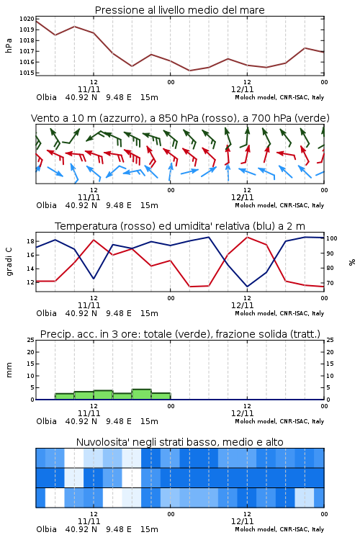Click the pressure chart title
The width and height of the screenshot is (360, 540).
pyautogui.click(x=179, y=10)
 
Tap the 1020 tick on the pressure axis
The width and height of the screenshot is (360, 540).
pyautogui.click(x=27, y=19)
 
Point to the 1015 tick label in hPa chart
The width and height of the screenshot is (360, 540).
pyautogui.click(x=27, y=73)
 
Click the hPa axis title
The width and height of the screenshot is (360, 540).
pyautogui.click(x=9, y=45)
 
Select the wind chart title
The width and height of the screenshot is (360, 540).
pyautogui.click(x=180, y=118)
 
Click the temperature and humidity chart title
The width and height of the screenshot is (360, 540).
pyautogui.click(x=180, y=226)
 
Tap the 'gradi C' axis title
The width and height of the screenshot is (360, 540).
pyautogui.click(x=9, y=261)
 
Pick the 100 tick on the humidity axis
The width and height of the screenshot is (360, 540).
pyautogui.click(x=332, y=238)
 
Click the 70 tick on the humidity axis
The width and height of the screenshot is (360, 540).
pyautogui.click(x=330, y=283)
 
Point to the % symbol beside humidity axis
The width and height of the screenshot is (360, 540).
pyautogui.click(x=352, y=262)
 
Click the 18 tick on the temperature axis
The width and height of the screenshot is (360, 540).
pyautogui.click(x=30, y=241)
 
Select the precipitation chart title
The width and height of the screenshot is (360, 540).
pyautogui.click(x=180, y=334)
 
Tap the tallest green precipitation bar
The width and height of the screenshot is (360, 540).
pyautogui.click(x=142, y=394)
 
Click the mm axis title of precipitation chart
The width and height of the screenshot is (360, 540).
pyautogui.click(x=9, y=370)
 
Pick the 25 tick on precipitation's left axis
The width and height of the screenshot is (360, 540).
pyautogui.click(x=30, y=340)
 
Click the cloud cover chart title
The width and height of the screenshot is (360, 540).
pyautogui.click(x=179, y=442)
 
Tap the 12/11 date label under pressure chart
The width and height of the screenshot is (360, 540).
pyautogui.click(x=242, y=89)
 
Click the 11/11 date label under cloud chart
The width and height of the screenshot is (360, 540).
pyautogui.click(x=89, y=521)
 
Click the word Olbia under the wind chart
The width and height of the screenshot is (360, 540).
pyautogui.click(x=47, y=205)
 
